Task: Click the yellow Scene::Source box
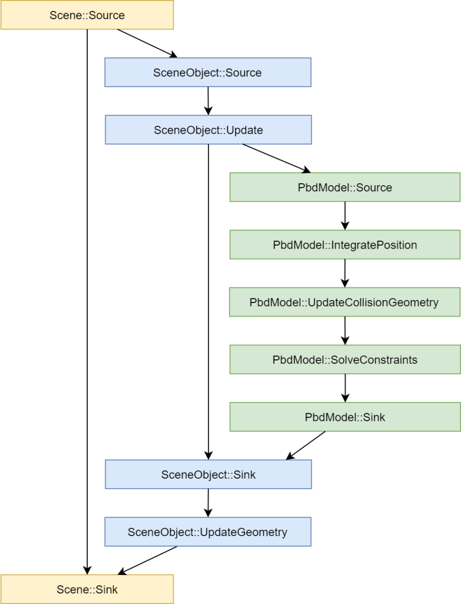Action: coord(87,15)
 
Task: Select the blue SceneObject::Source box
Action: coord(208,72)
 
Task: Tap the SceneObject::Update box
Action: coord(208,130)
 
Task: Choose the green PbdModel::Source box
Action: coord(345,187)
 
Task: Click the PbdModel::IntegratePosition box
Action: coord(345,245)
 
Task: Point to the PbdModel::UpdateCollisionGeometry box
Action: coord(345,302)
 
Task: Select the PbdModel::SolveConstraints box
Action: coord(345,359)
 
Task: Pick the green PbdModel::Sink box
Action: coord(345,417)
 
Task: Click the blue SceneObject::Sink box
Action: coord(208,474)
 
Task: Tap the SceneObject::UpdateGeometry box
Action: coord(208,532)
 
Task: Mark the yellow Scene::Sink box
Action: coord(87,589)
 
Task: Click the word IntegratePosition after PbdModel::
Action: coord(374,245)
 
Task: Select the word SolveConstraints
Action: coord(374,360)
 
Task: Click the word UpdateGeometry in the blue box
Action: coord(244,532)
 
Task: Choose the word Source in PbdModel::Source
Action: coord(374,188)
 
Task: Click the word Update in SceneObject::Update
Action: coord(244,130)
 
